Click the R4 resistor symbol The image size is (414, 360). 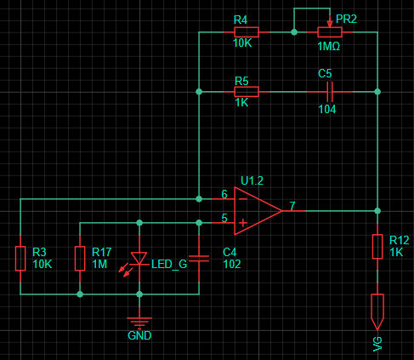247,32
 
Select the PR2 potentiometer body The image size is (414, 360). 330,32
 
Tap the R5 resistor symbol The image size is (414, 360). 247,92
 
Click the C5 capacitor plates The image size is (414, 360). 330,92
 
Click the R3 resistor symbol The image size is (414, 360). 20,259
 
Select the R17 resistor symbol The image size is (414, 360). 80,259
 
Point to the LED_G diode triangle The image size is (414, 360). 139,258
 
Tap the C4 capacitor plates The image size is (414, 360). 199,259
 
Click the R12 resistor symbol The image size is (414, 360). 377,247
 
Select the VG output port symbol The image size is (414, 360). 377,311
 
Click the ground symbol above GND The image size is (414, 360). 139,323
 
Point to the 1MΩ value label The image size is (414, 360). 329,46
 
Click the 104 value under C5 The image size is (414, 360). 327,109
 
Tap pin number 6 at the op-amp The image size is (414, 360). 224,194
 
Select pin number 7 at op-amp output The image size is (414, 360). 292,206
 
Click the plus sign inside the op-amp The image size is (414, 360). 242,223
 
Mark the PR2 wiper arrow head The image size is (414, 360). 330,24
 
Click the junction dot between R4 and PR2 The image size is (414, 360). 294,32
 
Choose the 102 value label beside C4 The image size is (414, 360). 232,265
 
